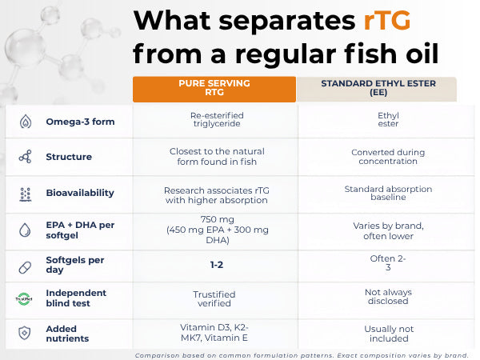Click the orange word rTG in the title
click(387, 21)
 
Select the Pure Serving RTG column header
click(214, 89)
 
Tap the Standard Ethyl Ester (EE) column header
click(377, 89)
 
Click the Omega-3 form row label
click(80, 122)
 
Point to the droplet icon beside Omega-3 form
click(26, 122)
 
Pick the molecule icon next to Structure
click(25, 157)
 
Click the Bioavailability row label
click(80, 193)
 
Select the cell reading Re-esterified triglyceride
click(217, 119)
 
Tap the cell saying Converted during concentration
click(388, 157)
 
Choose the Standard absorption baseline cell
click(388, 193)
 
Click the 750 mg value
click(218, 219)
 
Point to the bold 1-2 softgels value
click(217, 265)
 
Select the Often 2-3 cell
click(388, 262)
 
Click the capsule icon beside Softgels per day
click(25, 267)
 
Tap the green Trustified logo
click(24, 298)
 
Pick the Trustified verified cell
click(214, 298)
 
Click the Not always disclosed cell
click(388, 297)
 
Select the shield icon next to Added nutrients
click(25, 333)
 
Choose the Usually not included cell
click(389, 334)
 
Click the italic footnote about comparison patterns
click(302, 355)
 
